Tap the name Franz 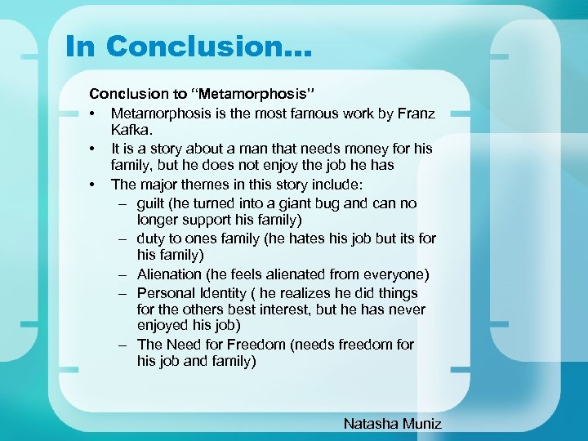(x=414, y=114)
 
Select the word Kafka (x=131, y=131)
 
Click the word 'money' (x=361, y=149)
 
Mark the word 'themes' (x=228, y=184)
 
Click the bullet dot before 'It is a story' (x=95, y=149)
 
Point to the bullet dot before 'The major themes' (x=95, y=184)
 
